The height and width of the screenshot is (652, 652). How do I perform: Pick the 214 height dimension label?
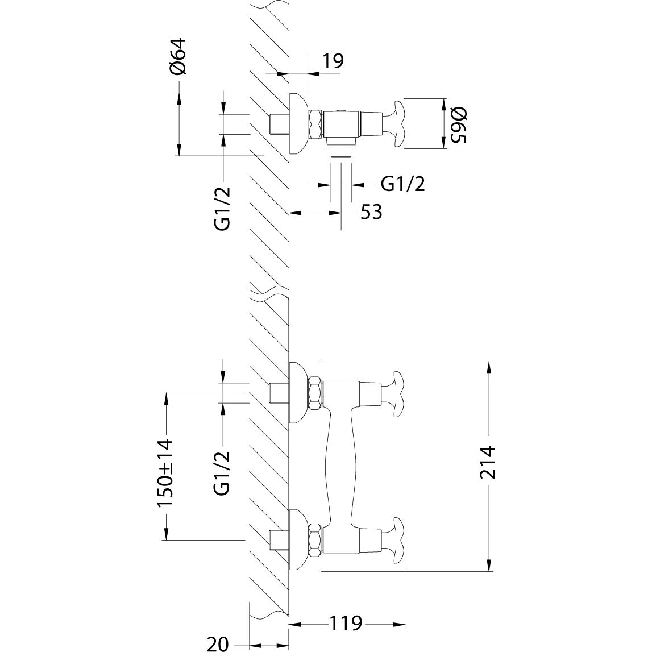(488, 463)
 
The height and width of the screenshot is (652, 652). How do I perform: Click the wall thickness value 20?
(218, 644)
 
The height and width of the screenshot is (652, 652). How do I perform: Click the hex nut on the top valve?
(315, 124)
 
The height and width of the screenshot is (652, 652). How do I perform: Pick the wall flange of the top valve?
(299, 124)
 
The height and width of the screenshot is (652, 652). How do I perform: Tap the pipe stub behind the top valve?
(279, 124)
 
